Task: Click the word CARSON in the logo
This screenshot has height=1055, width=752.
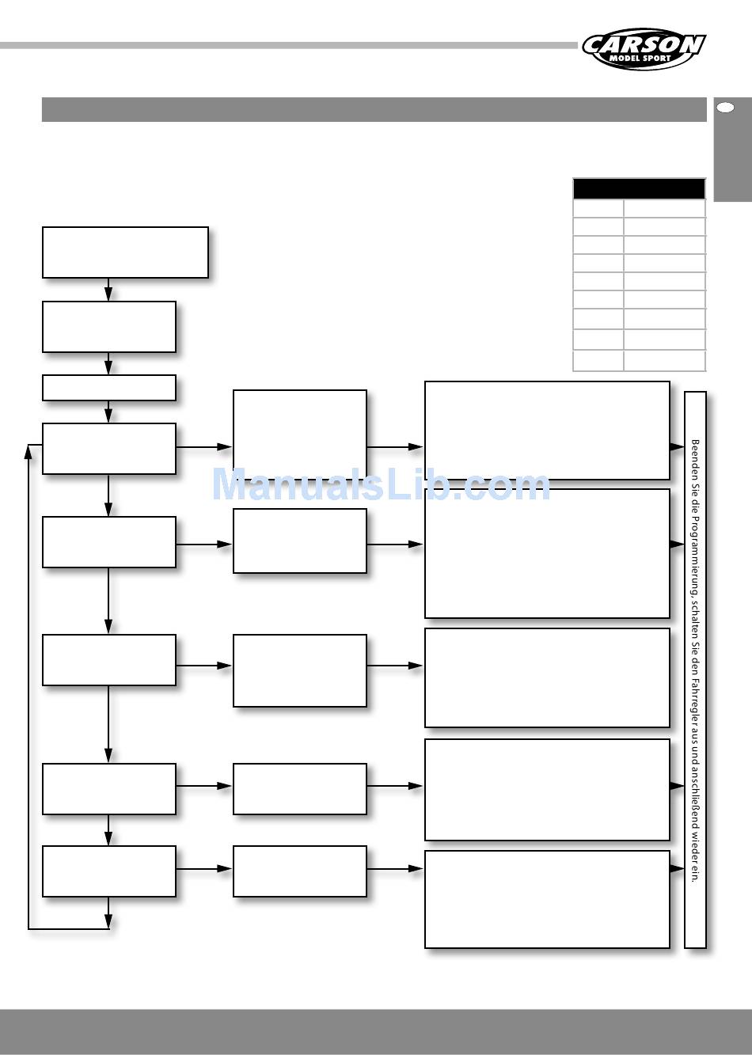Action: tap(643, 45)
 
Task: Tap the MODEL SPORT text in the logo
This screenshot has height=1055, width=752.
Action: tap(640, 59)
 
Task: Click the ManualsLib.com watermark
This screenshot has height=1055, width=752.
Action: tap(381, 484)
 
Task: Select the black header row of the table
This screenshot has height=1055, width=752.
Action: tap(639, 188)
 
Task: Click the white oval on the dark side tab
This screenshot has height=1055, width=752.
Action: tap(724, 108)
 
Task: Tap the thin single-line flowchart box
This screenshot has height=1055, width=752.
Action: tap(108, 388)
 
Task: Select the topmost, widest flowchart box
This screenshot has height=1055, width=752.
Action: tap(125, 252)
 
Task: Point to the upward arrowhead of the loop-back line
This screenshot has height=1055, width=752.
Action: tap(28, 451)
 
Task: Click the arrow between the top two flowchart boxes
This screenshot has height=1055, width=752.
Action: tap(108, 290)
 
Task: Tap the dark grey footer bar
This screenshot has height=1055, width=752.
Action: tap(376, 1031)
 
